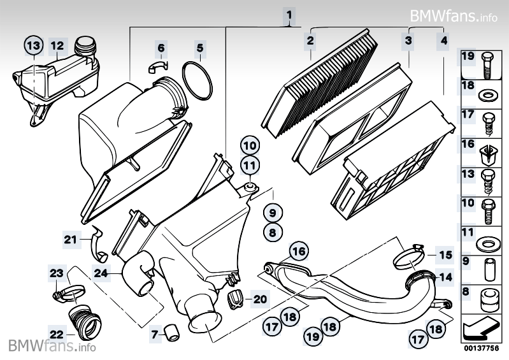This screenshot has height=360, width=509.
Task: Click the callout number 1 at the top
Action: [x=289, y=14]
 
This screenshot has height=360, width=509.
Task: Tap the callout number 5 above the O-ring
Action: [x=199, y=48]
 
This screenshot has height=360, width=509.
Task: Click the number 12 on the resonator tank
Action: [x=57, y=46]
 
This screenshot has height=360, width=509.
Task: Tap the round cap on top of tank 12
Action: [x=84, y=47]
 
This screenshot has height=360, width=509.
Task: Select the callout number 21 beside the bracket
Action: [x=69, y=240]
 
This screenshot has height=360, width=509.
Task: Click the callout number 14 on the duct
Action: [x=445, y=277]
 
